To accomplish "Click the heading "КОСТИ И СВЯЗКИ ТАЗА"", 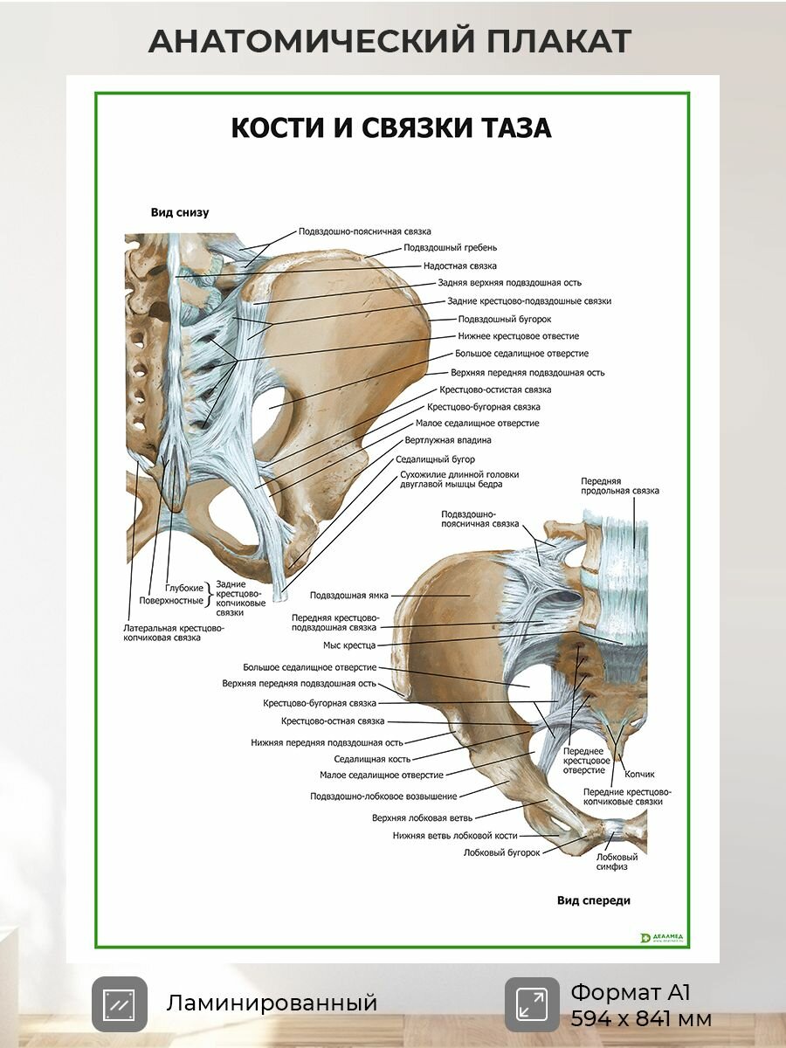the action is (x=391, y=128).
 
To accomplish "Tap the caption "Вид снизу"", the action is (x=180, y=212).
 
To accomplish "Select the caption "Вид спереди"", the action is (x=594, y=900).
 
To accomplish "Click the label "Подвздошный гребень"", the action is (x=450, y=247).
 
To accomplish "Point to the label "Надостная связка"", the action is (x=460, y=265).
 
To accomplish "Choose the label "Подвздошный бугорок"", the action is (x=505, y=319).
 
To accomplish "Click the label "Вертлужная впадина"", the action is (x=448, y=440).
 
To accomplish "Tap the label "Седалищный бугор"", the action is (x=435, y=459).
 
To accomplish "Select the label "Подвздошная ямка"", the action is (x=348, y=596).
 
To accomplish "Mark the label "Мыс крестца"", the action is (x=349, y=645).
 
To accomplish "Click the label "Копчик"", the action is (x=639, y=774).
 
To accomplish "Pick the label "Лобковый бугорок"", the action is (x=501, y=852).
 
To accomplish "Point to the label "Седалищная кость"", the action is (x=372, y=759).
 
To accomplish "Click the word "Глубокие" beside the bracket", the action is (x=184, y=589).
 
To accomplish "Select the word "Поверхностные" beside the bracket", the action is (x=171, y=601).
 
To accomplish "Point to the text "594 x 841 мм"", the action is (x=641, y=1019).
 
